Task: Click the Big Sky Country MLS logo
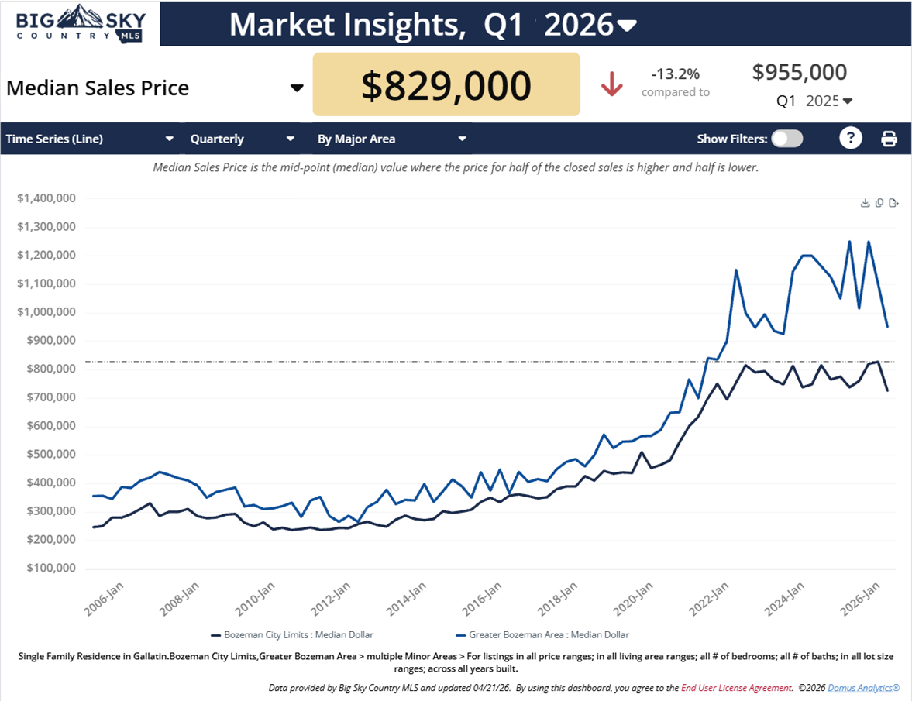pyautogui.click(x=80, y=24)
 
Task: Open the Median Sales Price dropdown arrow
pyautogui.click(x=296, y=88)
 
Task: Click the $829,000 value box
pyautogui.click(x=446, y=85)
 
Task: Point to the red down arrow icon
pyautogui.click(x=612, y=84)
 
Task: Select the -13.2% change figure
pyautogui.click(x=675, y=74)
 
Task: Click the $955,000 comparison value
pyautogui.click(x=799, y=72)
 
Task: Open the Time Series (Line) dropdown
pyautogui.click(x=90, y=139)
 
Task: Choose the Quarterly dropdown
pyautogui.click(x=243, y=139)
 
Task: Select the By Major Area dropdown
pyautogui.click(x=391, y=139)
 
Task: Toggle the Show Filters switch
pyautogui.click(x=787, y=139)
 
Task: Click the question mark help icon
pyautogui.click(x=851, y=139)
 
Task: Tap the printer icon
pyautogui.click(x=889, y=139)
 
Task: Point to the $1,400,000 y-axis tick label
pyautogui.click(x=46, y=198)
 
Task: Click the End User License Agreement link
pyautogui.click(x=736, y=688)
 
